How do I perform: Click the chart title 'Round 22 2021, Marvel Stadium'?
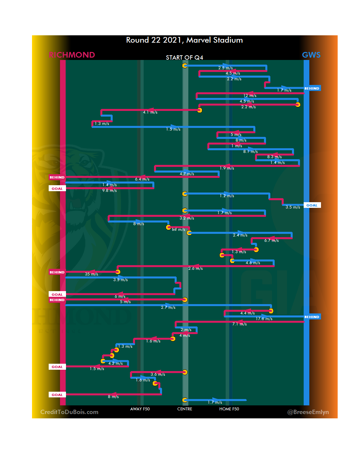(x=184, y=40)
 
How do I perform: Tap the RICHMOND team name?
(x=72, y=55)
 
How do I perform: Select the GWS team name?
(x=311, y=55)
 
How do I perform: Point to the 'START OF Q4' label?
(x=184, y=58)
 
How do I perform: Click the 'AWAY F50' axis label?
(x=140, y=409)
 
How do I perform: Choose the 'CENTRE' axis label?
(x=185, y=409)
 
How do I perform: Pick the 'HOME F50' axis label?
(x=229, y=409)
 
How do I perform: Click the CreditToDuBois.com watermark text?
(x=69, y=412)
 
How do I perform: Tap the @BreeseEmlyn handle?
(x=308, y=412)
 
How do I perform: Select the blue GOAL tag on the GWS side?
(x=312, y=205)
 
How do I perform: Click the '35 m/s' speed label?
(x=91, y=274)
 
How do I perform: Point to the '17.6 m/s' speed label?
(x=264, y=319)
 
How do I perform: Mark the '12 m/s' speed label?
(x=250, y=96)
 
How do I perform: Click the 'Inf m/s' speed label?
(x=178, y=229)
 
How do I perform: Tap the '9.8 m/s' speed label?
(x=109, y=191)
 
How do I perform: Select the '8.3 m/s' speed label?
(x=274, y=157)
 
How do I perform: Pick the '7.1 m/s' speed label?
(x=239, y=324)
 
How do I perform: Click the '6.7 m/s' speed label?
(x=271, y=240)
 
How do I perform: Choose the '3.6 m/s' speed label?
(x=158, y=374)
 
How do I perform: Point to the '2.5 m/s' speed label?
(x=225, y=68)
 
